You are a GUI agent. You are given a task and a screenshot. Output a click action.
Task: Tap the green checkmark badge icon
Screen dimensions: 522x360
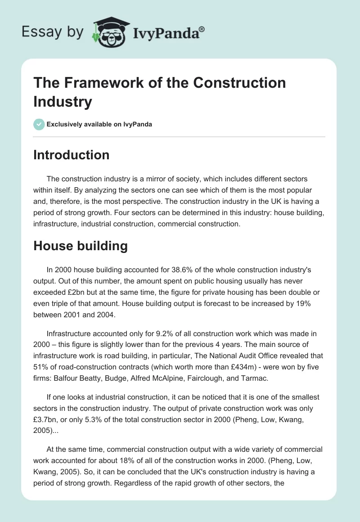click(x=39, y=124)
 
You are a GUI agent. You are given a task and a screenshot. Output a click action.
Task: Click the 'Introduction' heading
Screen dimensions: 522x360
click(x=71, y=155)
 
